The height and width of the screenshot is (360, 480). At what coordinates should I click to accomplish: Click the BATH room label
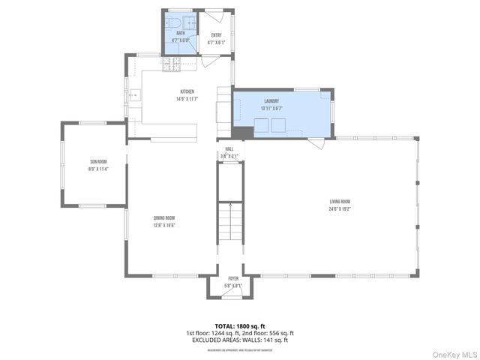(x=181, y=34)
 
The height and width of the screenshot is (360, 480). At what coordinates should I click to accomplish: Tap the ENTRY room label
(x=217, y=35)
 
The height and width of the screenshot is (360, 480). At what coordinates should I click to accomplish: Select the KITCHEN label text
(x=187, y=92)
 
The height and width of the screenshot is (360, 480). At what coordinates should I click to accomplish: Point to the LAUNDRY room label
(x=271, y=101)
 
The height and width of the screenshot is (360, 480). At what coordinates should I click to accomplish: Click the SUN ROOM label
(x=98, y=162)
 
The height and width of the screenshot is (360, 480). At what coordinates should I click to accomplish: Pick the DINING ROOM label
(x=165, y=218)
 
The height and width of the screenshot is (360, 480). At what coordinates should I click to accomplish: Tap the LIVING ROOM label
(x=340, y=202)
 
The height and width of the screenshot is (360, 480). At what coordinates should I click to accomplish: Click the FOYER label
(x=233, y=278)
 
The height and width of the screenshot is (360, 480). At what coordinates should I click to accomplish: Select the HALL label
(x=230, y=149)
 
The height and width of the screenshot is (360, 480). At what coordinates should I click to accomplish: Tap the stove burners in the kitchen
(x=172, y=66)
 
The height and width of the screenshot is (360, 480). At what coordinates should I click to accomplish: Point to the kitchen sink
(x=135, y=95)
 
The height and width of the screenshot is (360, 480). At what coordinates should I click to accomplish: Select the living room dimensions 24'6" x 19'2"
(x=340, y=209)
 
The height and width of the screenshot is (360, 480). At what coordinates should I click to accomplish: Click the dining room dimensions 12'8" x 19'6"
(x=165, y=225)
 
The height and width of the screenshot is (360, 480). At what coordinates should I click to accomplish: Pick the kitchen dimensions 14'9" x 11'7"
(x=187, y=99)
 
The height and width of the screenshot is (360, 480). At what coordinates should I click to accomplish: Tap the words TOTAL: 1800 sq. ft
(x=240, y=326)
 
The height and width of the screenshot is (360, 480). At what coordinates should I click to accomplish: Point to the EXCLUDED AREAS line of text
(x=240, y=340)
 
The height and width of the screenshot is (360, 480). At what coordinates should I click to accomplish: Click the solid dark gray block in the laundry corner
(x=239, y=133)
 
